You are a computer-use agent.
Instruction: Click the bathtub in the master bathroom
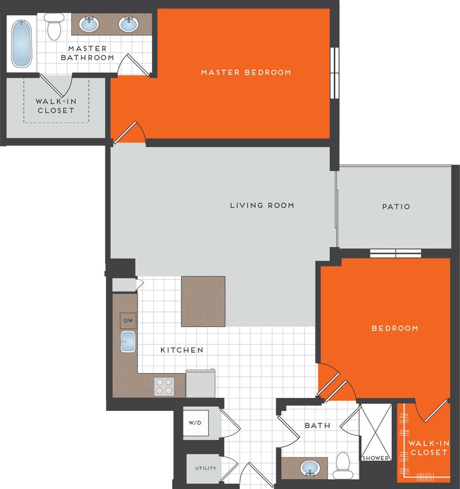tap(22, 43)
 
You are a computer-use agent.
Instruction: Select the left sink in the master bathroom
tap(89, 24)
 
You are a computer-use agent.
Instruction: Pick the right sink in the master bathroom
tap(128, 24)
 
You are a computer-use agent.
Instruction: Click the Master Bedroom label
tap(246, 72)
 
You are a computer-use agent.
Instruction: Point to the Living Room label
tap(262, 205)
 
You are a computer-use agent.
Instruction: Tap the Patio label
tap(396, 206)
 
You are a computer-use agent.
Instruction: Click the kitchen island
tap(203, 301)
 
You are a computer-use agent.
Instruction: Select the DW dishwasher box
tap(128, 320)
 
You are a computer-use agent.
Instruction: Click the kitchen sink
tap(127, 342)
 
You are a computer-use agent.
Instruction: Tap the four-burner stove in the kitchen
tap(164, 386)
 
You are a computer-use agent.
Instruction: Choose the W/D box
tap(196, 423)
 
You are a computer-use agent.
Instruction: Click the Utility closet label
tap(205, 468)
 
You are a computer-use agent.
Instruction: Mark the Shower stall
tap(376, 432)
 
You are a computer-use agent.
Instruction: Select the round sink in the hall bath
tap(311, 467)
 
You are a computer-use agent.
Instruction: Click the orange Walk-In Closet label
tap(428, 447)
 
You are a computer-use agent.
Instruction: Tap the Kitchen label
tap(182, 350)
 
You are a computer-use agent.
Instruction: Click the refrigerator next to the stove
tap(201, 384)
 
